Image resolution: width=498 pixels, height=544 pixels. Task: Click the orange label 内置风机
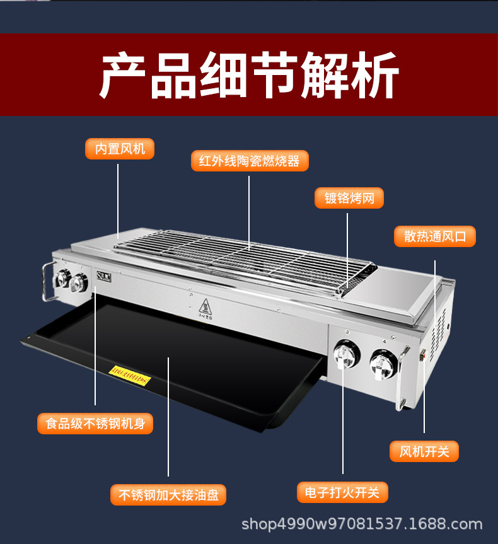point(120,149)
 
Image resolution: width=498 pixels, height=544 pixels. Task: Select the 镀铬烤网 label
point(349,199)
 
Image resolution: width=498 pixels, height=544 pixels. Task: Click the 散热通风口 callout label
point(435,236)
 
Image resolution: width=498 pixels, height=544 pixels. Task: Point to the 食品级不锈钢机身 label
point(95,423)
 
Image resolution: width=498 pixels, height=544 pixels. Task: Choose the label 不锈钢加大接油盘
point(168,495)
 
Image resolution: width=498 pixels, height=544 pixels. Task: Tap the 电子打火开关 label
point(342,492)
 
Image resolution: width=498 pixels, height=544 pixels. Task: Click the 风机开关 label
point(424,451)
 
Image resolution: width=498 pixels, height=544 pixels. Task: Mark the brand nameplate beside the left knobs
point(103,275)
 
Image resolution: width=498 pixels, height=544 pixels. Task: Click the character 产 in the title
point(124,75)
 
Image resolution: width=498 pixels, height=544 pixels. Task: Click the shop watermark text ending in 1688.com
point(362,524)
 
